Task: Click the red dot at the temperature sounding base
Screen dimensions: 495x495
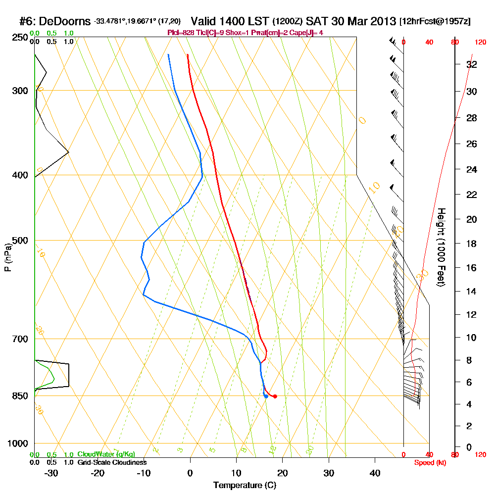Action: (x=275, y=396)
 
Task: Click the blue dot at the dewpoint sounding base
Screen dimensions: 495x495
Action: (x=266, y=396)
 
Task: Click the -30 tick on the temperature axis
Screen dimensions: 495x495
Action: (x=51, y=473)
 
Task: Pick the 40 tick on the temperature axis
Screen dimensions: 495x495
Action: (x=375, y=473)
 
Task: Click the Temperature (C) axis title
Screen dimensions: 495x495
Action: (x=245, y=485)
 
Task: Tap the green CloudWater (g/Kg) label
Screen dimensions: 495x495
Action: (x=106, y=454)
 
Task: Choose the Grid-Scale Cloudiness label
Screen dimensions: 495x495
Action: (x=111, y=462)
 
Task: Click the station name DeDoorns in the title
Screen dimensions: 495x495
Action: (x=64, y=21)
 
